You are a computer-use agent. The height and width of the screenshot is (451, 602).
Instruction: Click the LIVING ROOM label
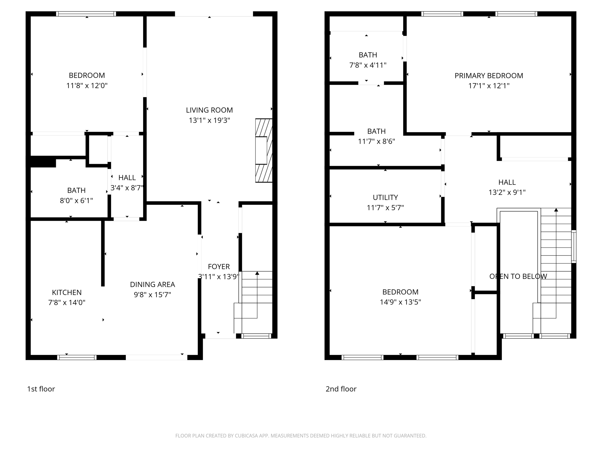(x=209, y=110)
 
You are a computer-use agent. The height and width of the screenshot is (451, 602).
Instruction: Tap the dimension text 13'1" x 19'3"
(x=209, y=120)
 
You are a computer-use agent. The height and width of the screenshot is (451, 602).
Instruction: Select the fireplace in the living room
(x=263, y=150)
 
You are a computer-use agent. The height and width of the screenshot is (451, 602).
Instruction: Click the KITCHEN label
(x=67, y=292)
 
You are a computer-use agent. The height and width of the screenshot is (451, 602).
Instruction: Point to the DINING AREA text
(x=152, y=285)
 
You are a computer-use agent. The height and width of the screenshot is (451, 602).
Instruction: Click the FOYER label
(x=219, y=267)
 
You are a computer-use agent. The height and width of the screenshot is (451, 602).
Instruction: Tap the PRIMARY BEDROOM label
(x=489, y=76)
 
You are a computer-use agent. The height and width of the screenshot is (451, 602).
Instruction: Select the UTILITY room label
(x=385, y=197)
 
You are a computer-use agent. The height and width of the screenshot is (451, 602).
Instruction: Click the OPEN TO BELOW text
(x=518, y=276)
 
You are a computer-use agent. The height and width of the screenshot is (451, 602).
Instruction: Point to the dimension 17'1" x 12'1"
(x=489, y=86)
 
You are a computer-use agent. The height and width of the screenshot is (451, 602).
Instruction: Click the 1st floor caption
(x=41, y=389)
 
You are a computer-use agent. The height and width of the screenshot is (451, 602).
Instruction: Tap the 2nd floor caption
(x=341, y=389)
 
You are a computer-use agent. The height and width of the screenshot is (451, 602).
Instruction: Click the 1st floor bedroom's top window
(x=86, y=14)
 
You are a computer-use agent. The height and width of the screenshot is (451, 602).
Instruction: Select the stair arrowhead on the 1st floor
(x=257, y=273)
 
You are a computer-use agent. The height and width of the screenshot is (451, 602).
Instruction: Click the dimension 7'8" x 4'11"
(x=367, y=65)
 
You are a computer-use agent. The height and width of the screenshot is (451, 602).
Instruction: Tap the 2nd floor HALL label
(x=507, y=182)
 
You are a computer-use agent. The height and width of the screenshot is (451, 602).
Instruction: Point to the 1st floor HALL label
(x=127, y=178)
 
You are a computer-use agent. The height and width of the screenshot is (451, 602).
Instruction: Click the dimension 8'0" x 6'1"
(x=76, y=201)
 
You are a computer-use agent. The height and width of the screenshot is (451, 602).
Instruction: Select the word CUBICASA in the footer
(x=246, y=436)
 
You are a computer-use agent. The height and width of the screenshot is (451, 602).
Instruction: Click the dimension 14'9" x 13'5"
(x=400, y=302)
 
